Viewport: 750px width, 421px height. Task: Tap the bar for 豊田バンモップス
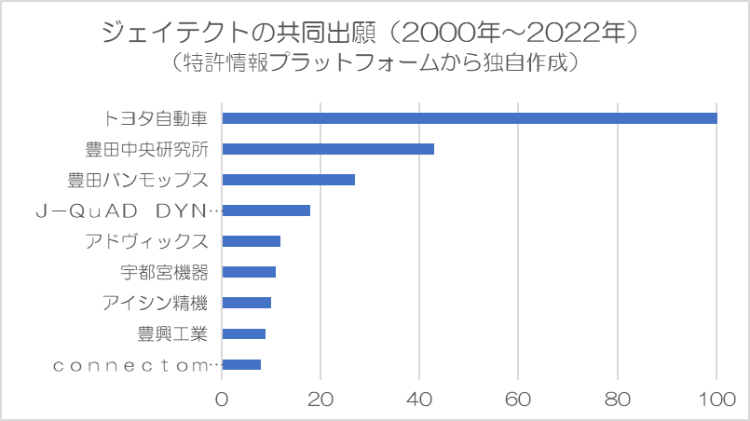pyautogui.click(x=289, y=180)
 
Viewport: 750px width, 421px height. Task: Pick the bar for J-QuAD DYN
pyautogui.click(x=266, y=210)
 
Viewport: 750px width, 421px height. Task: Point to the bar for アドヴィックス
pyautogui.click(x=252, y=241)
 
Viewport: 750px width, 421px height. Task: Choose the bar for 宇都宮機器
pyautogui.click(x=249, y=272)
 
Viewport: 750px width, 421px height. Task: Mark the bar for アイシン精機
pyautogui.click(x=247, y=303)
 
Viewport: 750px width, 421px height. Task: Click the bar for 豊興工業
pyautogui.click(x=244, y=333)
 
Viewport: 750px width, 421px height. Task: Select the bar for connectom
pyautogui.click(x=241, y=364)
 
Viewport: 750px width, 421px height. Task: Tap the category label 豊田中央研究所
pyautogui.click(x=147, y=149)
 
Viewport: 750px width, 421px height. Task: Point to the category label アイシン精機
pyautogui.click(x=155, y=303)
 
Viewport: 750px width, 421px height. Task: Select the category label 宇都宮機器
pyautogui.click(x=164, y=272)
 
